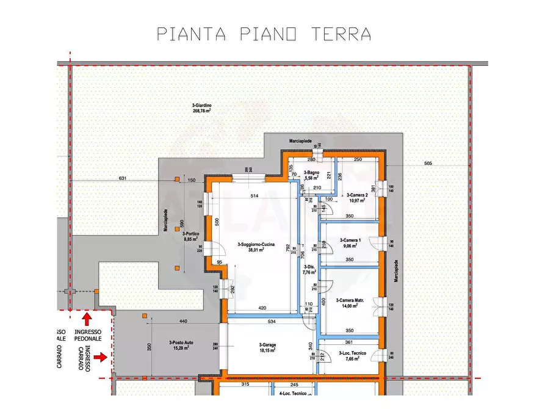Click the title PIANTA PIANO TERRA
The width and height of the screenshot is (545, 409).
264,33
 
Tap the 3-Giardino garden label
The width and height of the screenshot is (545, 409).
201,108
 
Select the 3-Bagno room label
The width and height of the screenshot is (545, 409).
312,176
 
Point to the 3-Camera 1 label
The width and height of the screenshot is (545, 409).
350,244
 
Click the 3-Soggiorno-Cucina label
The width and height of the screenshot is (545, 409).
255,247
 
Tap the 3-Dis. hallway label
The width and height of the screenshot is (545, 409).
309,270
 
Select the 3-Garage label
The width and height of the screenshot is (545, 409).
267,347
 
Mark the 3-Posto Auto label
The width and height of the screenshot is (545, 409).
164,346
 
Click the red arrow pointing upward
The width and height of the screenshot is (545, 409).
87,318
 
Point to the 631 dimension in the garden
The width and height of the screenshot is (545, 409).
123,179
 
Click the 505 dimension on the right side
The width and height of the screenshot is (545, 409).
428,163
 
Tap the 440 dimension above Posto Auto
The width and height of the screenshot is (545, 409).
182,321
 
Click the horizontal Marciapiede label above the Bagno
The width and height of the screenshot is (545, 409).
300,140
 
